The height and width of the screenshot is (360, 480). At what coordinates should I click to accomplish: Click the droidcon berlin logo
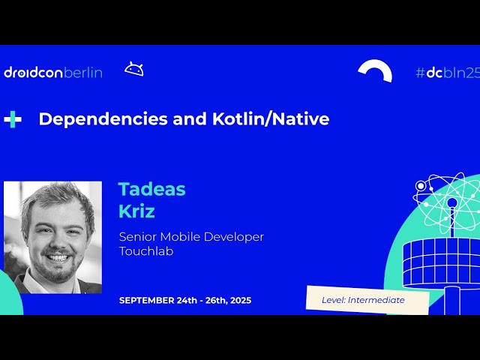point(52,73)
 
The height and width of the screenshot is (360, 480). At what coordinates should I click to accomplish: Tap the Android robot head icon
point(134,70)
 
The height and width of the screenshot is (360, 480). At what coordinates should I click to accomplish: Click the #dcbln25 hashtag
point(446,73)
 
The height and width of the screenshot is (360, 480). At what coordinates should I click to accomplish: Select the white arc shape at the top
point(375,70)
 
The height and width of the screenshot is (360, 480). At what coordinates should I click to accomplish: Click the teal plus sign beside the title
point(13,119)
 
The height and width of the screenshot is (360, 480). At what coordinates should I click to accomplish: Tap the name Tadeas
point(151,190)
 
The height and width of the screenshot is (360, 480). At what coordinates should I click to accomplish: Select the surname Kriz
point(136,211)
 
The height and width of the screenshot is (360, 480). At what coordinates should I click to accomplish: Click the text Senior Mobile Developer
point(191,237)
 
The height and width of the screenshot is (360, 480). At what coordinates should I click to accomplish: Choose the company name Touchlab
point(146,251)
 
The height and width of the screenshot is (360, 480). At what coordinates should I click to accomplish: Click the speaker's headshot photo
point(52,237)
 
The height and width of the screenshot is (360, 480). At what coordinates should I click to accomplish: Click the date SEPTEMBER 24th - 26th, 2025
point(185,301)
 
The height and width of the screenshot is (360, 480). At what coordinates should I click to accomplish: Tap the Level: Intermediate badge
point(367,300)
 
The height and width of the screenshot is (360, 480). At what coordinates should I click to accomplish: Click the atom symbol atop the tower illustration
point(451,197)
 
